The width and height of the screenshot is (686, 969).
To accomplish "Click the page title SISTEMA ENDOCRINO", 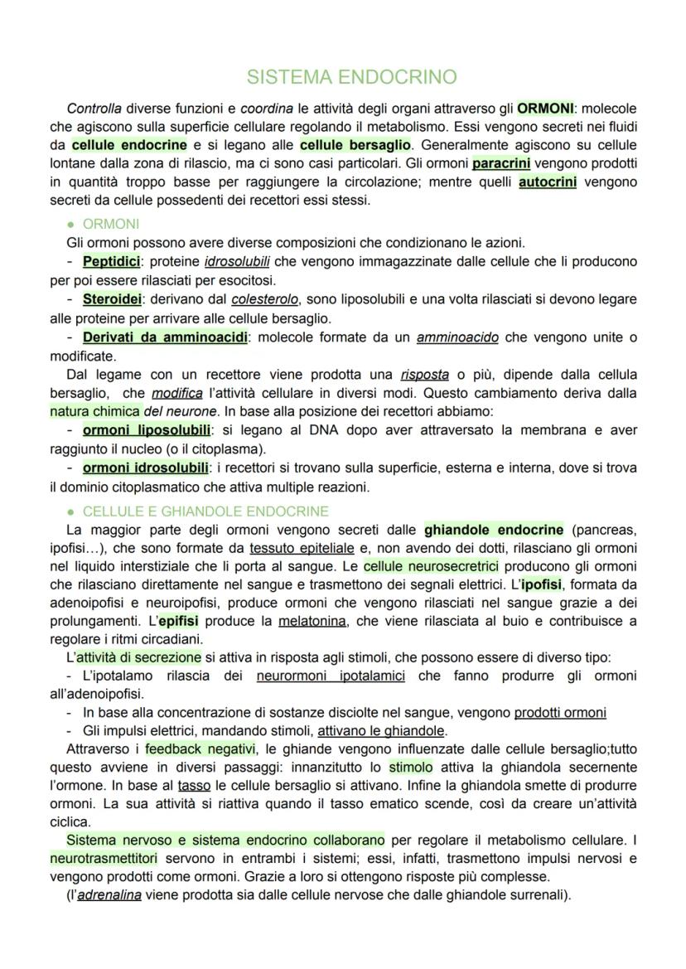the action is coord(352,77).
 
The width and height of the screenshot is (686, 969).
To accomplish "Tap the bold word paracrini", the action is coord(501,163).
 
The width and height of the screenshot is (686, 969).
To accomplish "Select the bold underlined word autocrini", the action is coord(548,182).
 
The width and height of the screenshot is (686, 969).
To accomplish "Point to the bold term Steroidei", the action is coord(112,298).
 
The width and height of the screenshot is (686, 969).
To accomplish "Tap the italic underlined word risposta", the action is coord(424,373).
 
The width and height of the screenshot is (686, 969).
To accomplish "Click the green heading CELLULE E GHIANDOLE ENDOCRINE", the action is coord(205,511).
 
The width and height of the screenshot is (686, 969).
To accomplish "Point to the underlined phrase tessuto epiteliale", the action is coord(302,548).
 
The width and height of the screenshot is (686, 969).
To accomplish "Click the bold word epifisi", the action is coord(178,621).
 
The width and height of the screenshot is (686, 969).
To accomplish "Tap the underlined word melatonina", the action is coord(311,621).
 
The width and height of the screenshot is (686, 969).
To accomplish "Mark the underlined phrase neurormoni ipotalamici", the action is coord(331,676).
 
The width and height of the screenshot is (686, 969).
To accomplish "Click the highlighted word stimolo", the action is coord(410,767).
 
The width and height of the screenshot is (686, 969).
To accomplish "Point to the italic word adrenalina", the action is coord(109,895).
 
